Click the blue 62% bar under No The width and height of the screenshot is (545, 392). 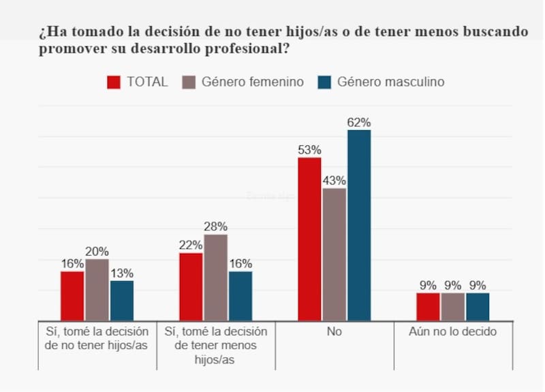coord(359,225)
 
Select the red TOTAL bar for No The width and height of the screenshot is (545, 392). coord(309,239)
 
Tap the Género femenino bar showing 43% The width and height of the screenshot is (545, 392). coord(334,254)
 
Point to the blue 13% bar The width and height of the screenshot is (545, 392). coord(122,300)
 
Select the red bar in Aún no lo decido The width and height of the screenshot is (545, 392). coord(428,307)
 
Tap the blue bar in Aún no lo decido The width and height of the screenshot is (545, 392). coord(478,307)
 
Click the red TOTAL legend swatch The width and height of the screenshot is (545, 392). coord(114,82)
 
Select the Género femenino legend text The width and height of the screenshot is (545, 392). coord(252,82)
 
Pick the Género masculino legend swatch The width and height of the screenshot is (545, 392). coord(324,82)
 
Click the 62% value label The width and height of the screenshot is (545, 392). coord(359,123)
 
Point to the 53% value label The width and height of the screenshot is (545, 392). coord(309,150)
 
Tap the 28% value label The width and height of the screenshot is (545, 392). coord(216,227)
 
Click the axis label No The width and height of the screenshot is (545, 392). coord(334,332)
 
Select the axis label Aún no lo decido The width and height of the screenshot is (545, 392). coord(453,332)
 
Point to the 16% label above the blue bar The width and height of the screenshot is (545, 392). coord(240,264)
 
